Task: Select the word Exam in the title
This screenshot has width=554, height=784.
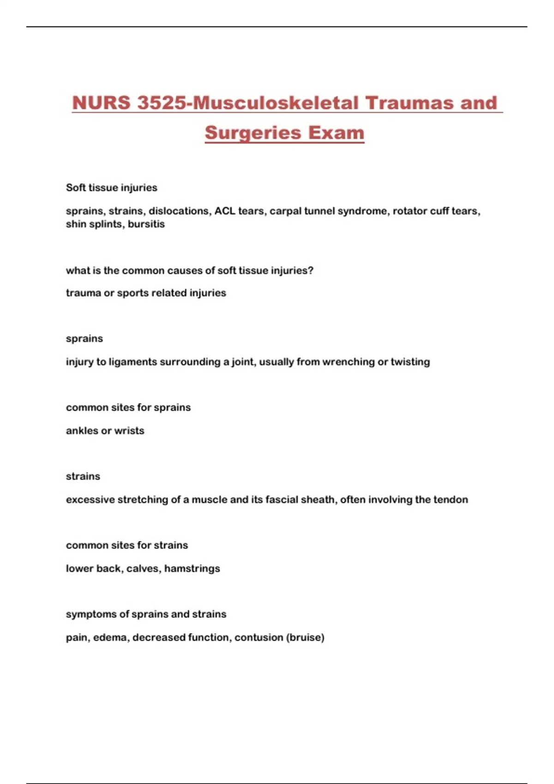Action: (336, 133)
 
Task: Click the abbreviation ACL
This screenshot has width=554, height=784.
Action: (225, 211)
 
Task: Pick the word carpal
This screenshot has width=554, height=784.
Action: (286, 211)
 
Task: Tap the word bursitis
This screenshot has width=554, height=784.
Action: (146, 224)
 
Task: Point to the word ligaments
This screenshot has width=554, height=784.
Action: (133, 362)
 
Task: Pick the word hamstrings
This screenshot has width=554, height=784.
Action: (192, 569)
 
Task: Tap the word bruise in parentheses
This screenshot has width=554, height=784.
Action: (305, 637)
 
